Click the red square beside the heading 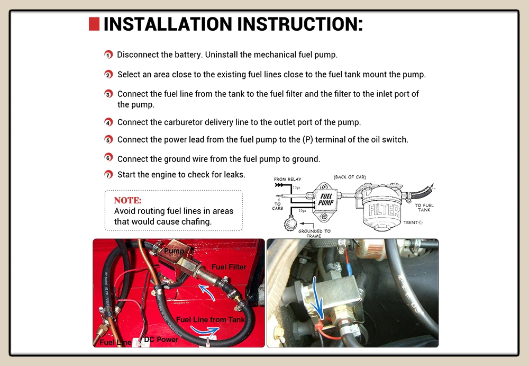pos(94,24)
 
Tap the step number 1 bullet pos(108,55)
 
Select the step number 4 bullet pos(108,122)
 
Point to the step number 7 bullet pos(108,175)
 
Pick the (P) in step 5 pos(308,140)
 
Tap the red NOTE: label pos(128,200)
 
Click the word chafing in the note pos(196,222)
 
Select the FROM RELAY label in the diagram pos(287,179)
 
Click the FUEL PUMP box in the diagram pos(325,201)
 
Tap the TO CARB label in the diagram pos(278,206)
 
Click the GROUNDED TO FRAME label pos(314,234)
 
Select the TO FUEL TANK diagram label pos(424,208)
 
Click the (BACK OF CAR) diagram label pos(350,177)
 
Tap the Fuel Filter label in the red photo pos(229,267)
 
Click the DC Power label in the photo pos(161,340)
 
